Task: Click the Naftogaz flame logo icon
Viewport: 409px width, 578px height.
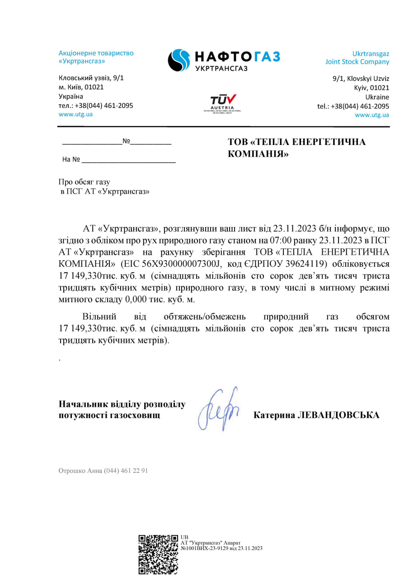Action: click(179, 60)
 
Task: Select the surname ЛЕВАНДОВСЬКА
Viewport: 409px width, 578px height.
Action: click(338, 415)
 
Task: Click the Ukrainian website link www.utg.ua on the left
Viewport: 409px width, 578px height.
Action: click(75, 114)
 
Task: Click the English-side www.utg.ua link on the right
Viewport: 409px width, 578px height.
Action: click(372, 115)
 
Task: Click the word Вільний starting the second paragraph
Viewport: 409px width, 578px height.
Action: click(99, 317)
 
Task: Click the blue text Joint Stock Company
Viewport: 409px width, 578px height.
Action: click(357, 62)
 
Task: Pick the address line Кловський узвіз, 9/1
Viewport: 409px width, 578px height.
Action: click(91, 78)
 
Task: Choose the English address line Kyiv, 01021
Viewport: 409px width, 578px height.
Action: click(371, 88)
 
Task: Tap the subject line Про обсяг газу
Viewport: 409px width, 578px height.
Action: click(84, 182)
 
